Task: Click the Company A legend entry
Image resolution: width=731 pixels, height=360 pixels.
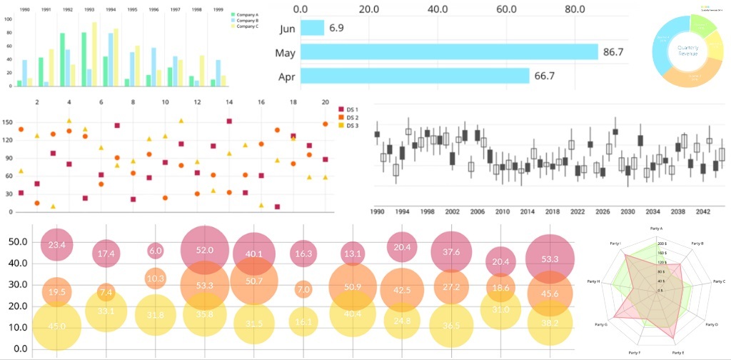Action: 246,14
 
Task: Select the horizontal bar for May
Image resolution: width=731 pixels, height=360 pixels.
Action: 449,52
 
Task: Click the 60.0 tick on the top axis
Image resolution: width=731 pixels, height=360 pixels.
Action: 506,9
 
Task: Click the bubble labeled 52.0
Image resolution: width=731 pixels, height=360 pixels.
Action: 205,251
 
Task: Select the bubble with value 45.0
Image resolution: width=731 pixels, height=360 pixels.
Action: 57,326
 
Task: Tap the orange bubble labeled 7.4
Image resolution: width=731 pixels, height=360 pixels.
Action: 106,292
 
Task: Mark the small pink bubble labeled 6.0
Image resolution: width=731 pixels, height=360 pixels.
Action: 156,251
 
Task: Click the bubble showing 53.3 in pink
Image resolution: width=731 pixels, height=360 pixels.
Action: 550,259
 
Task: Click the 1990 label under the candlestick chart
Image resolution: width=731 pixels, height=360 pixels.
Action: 378,212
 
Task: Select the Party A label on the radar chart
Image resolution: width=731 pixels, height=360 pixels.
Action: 657,228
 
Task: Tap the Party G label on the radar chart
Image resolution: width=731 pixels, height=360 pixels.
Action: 601,324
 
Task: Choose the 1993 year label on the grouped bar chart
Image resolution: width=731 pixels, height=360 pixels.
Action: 89,11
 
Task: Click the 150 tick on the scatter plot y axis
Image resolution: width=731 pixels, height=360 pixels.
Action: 7,122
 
